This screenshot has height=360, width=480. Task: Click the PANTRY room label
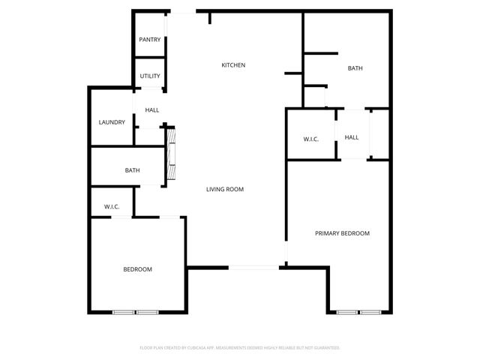point(149,40)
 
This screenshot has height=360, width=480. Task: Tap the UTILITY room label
point(149,76)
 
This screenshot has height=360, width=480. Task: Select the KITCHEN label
point(233,65)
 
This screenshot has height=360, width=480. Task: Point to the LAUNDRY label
point(112,122)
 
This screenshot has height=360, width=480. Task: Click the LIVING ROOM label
point(225,189)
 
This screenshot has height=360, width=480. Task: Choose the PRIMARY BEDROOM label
point(342,233)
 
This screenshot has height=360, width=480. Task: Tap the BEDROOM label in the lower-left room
point(138,269)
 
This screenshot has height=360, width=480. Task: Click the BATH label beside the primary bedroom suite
point(355,68)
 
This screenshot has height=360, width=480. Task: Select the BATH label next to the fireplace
point(132,171)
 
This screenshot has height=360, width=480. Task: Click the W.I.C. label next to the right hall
point(312,138)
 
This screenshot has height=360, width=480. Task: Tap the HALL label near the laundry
point(152,110)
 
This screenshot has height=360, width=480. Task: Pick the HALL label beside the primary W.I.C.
point(352,137)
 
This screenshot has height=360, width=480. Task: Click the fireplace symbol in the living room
point(171,155)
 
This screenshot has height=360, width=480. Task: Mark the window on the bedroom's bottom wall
point(136,311)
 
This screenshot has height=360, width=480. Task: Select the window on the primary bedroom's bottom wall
point(358,311)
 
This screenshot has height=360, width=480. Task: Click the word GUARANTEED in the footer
point(326,348)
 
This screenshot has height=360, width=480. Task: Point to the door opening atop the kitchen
point(182,12)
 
